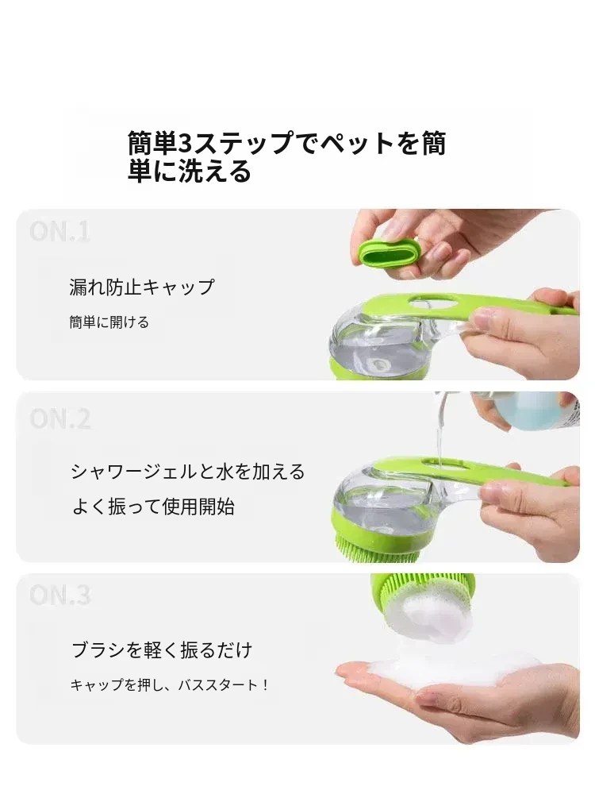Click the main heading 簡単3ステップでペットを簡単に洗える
[286, 156]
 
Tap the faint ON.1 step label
[59, 231]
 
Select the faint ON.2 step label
[59, 418]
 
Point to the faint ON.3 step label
[59, 595]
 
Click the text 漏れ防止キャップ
[142, 287]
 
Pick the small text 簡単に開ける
[109, 322]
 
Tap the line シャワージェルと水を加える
[188, 472]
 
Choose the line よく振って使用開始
[153, 507]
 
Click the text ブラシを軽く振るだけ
[162, 649]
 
